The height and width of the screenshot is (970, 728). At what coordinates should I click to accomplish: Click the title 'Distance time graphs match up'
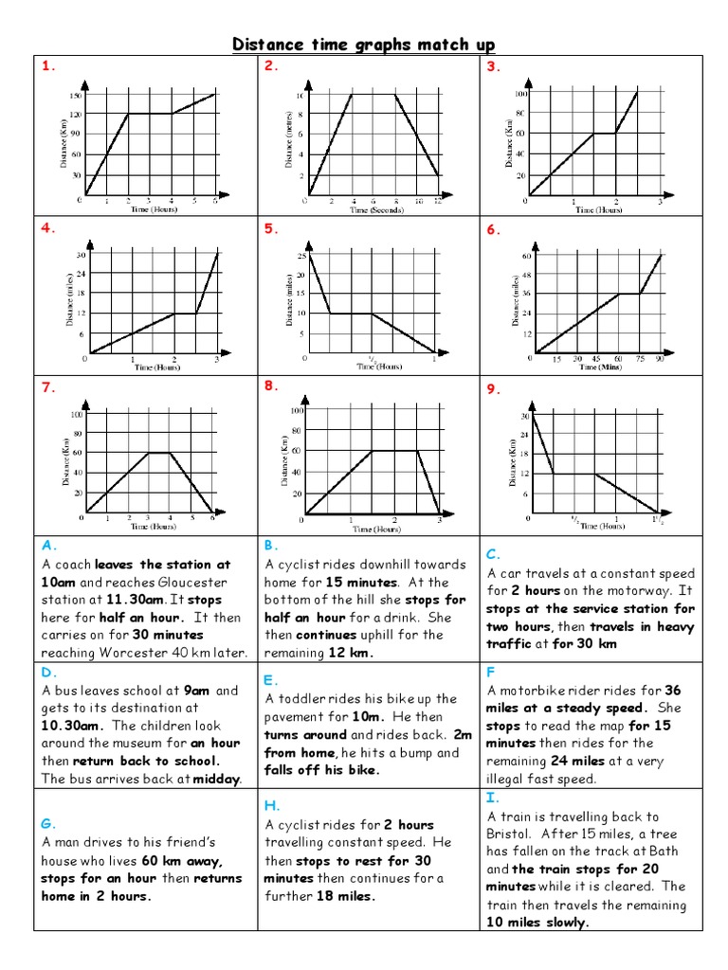[364, 45]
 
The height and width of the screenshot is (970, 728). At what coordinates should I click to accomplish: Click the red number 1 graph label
[45, 66]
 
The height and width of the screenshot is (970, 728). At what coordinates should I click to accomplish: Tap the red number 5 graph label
[269, 228]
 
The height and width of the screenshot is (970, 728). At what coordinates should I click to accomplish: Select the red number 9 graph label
[492, 387]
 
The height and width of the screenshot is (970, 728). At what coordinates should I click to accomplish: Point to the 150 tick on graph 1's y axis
[74, 95]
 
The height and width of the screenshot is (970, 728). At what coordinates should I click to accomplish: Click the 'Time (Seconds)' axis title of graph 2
[372, 210]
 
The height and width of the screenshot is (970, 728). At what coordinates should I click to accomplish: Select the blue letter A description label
[46, 546]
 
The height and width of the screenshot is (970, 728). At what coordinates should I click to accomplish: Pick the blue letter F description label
[491, 671]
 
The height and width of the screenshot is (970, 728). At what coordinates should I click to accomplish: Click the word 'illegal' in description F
[508, 779]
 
